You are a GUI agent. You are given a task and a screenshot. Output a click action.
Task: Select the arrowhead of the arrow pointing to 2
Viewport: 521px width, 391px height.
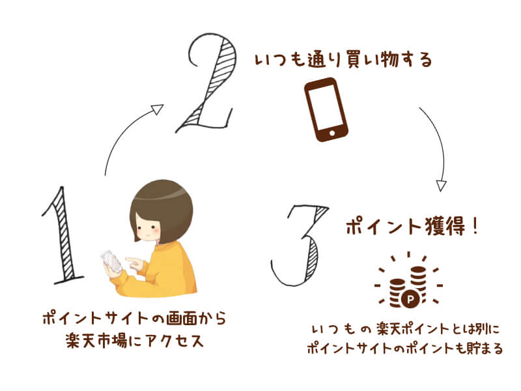pos(156,109)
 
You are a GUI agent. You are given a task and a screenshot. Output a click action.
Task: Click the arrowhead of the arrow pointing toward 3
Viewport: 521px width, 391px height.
pos(441,185)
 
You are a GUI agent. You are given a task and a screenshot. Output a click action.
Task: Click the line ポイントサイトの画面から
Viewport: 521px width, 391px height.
pos(134,319)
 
